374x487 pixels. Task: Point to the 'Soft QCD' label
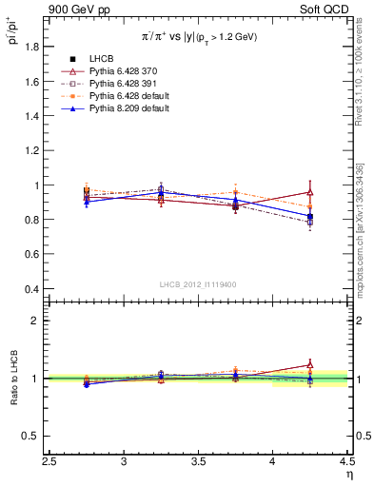(x=326, y=10)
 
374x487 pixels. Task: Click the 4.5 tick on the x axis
(x=346, y=463)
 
